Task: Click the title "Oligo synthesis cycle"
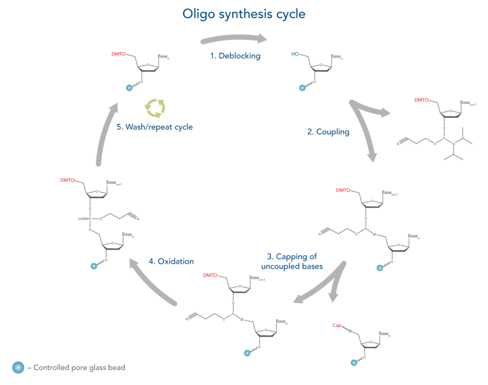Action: pos(244,14)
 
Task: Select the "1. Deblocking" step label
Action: pos(235,56)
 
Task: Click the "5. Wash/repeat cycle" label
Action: pos(154,127)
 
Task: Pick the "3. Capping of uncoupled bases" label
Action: pos(292,261)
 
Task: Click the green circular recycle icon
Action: pos(155,108)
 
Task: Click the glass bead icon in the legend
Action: pos(18,367)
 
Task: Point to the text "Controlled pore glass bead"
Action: pos(79,368)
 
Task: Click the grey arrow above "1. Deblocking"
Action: pos(234,39)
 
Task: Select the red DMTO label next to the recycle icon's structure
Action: pos(119,54)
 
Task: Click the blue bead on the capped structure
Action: pos(354,363)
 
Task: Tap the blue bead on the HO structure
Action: pos(301,88)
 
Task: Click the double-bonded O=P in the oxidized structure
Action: pos(86,219)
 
